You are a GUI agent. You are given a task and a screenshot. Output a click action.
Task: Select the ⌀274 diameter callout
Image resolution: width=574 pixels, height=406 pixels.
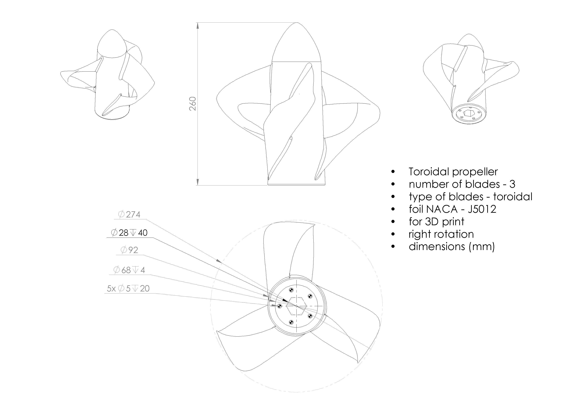pos(129,214)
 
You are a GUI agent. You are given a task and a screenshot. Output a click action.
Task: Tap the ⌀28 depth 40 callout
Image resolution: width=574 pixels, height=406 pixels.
pos(129,233)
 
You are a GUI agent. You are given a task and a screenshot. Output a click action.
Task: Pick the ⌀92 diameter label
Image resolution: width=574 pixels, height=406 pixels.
pos(129,250)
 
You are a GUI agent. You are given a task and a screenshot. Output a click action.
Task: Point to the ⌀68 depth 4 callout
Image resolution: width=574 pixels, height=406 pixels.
pos(129,270)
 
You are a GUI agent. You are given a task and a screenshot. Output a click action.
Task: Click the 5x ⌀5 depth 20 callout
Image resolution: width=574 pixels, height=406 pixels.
pos(128,288)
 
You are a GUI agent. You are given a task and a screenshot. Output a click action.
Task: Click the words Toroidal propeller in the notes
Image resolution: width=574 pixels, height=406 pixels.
pos(453,172)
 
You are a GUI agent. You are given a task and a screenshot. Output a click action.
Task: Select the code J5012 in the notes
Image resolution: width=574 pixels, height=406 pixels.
pos(482,209)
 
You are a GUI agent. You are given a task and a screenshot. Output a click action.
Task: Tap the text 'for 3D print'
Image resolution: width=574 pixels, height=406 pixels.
pos(436,222)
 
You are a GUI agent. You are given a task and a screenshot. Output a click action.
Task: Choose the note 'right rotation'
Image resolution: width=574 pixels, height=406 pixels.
pos(441,234)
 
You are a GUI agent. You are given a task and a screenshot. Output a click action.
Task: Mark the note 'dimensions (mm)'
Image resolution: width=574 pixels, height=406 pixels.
pos(451,247)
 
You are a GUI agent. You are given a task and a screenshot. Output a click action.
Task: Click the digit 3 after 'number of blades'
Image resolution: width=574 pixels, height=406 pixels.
pos(512,184)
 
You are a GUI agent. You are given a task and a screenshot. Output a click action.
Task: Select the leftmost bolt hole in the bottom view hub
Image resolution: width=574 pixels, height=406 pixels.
pos(279,306)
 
